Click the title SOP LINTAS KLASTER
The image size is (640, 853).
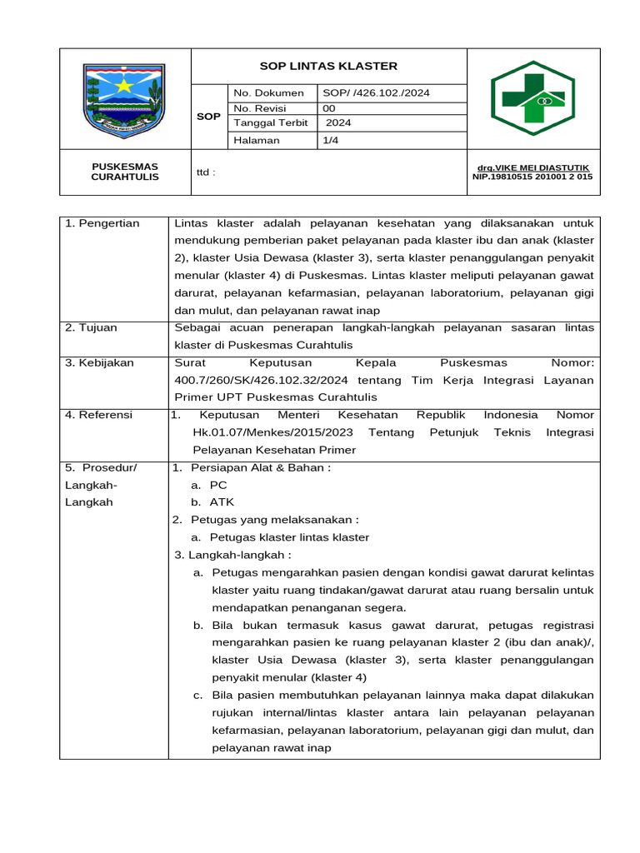coord(328,66)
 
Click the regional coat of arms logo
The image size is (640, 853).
coord(126,98)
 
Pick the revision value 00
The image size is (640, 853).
coord(329,107)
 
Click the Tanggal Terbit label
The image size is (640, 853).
coord(271,122)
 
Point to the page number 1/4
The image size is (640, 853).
coord(331,140)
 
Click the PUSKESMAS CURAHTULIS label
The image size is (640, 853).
coord(125,172)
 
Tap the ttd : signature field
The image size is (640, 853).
coord(206,172)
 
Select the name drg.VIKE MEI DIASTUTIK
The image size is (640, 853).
coord(532,167)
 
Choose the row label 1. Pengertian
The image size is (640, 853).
coord(102,223)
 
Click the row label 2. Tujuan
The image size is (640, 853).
coord(92,327)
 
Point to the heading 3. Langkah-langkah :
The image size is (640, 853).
coord(232,555)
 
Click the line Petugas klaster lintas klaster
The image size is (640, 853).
coord(288,537)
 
